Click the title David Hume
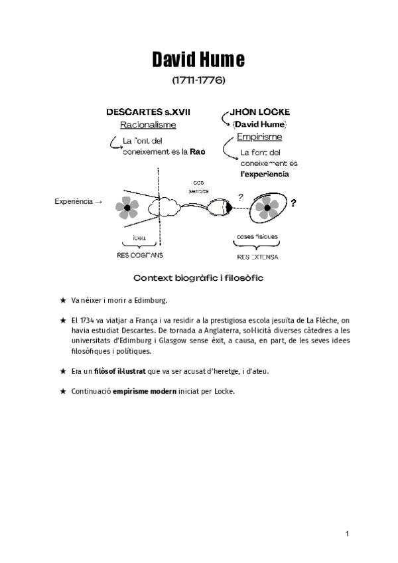pos(198,60)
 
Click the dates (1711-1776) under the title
pos(198,81)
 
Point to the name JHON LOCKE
pos(259,112)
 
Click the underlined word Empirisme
pos(259,137)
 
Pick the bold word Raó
pos(197,151)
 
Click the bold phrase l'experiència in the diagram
pos(265,174)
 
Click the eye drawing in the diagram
pos(220,207)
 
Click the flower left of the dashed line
pos(127,208)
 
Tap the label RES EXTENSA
pos(257,256)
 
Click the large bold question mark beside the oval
pos(293,203)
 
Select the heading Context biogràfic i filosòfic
pos(198,278)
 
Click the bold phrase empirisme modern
pos(144,391)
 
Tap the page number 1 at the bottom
pos(348,533)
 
